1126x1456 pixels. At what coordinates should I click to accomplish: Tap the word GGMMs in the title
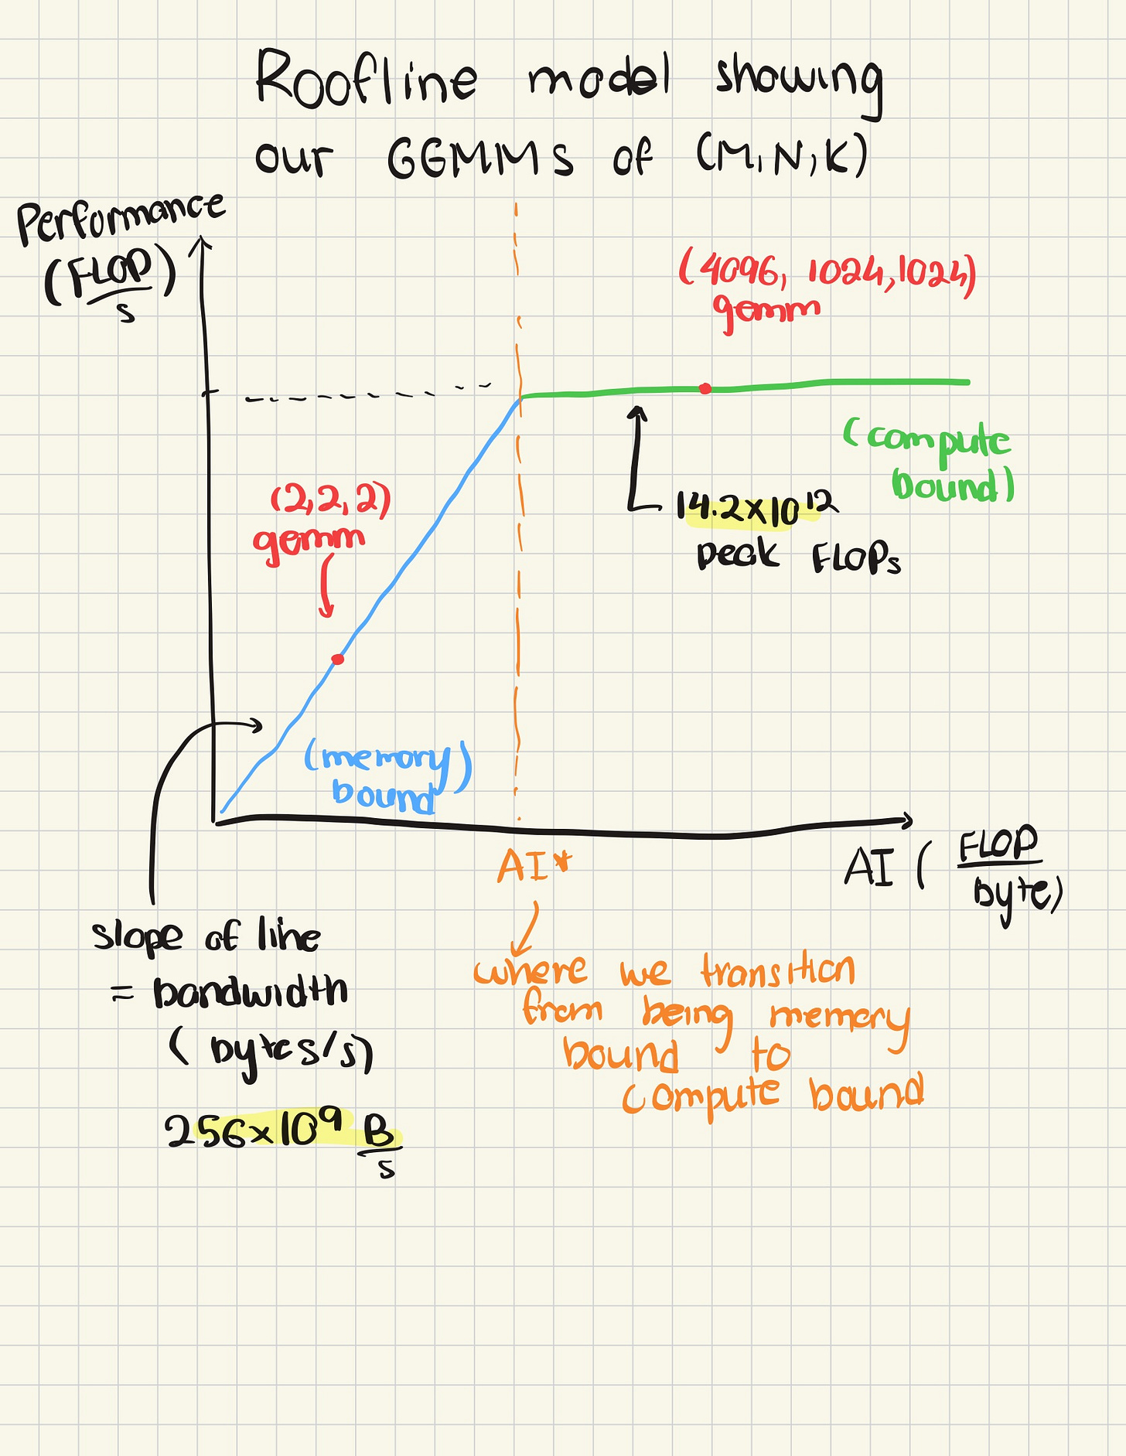(479, 159)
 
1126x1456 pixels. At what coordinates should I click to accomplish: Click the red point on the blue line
(338, 659)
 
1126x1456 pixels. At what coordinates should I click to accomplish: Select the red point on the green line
(705, 388)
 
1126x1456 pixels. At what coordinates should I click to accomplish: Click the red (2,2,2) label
(331, 501)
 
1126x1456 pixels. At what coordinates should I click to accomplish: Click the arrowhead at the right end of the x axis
(906, 821)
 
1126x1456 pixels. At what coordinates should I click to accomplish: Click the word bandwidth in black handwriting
(250, 991)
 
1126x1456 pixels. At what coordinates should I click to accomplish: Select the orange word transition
(777, 970)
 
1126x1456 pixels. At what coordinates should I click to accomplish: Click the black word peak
(736, 554)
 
